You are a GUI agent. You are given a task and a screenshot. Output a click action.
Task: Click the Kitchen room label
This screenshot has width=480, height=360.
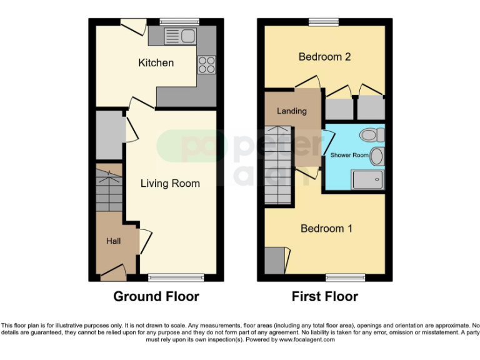pos(156,63)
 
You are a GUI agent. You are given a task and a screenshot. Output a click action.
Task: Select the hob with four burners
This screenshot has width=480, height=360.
pos(207,64)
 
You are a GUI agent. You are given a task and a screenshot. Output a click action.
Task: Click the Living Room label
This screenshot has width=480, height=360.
pos(170,183)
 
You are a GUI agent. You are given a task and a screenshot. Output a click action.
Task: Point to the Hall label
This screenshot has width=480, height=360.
pos(113,241)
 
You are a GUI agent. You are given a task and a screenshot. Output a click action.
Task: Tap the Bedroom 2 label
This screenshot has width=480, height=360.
pos(324,57)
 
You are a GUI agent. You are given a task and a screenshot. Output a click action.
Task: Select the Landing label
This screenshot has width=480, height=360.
pos(292,111)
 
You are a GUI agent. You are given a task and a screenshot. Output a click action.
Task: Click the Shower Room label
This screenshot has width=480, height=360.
pos(346,155)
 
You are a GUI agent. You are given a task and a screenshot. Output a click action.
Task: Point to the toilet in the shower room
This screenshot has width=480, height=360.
pos(371,134)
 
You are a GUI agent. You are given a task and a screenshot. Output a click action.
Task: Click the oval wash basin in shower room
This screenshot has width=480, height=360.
pos(376,156)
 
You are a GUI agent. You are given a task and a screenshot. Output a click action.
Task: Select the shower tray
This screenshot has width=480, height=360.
pos(367,180)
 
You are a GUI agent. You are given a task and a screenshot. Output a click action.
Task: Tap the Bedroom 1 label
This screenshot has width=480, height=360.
pos(326,229)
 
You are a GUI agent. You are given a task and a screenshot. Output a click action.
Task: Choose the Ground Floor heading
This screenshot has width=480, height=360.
pos(156,296)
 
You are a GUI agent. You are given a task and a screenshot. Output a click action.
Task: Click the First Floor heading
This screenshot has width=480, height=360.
pos(325,296)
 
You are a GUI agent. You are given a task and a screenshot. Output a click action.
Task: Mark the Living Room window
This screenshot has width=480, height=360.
pos(176,277)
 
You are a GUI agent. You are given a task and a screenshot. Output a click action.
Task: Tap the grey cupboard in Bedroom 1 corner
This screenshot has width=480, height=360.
pos(274,261)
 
